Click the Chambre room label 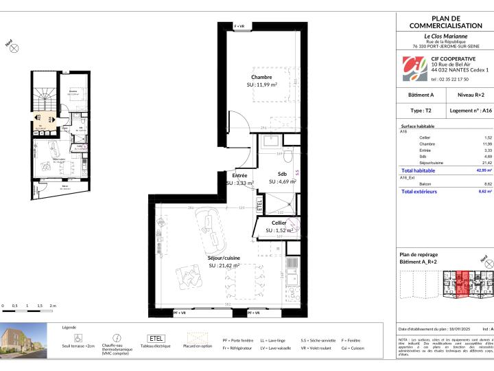tap(261, 77)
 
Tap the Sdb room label tap(282, 174)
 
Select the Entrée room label tap(240, 176)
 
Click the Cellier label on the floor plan tap(279, 223)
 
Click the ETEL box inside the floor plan tap(259, 204)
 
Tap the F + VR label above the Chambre tap(244, 25)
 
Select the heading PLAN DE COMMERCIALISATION tap(445, 22)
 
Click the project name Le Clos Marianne tap(445, 36)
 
